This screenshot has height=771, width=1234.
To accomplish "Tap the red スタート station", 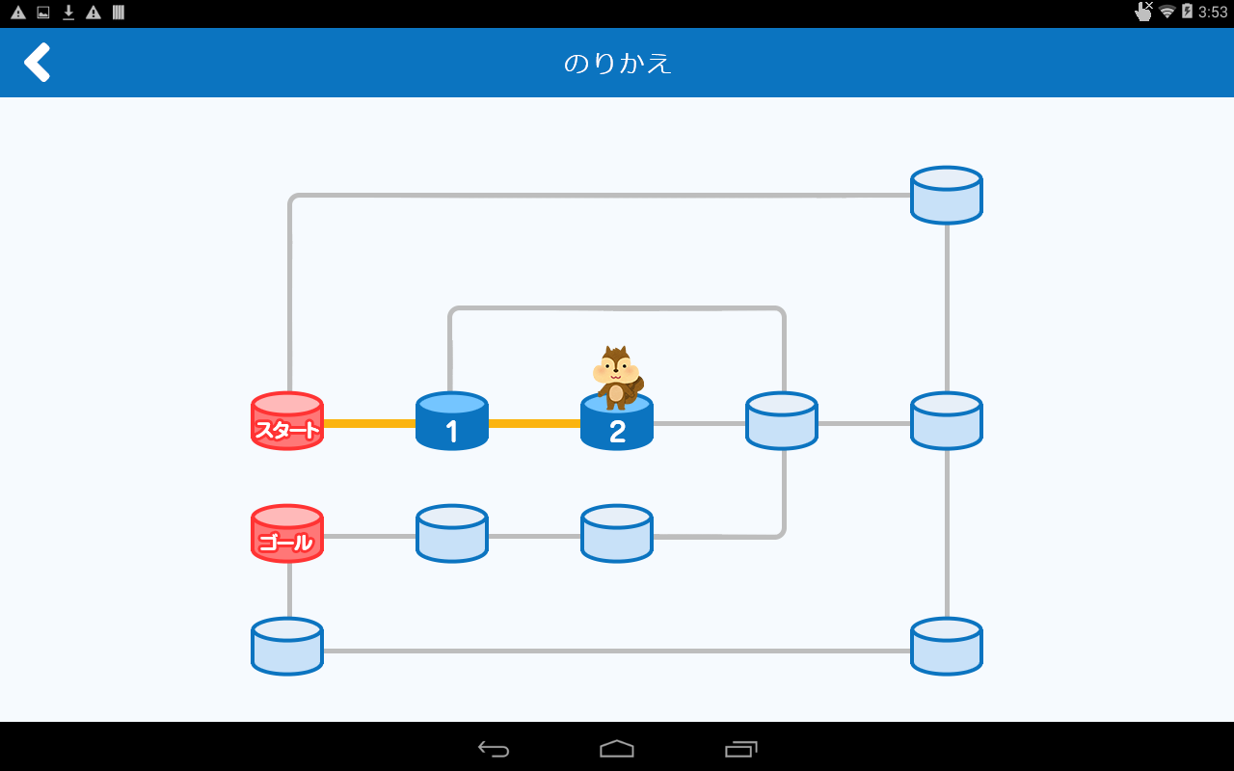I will point(287,421).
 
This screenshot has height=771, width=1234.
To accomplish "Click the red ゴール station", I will point(287,534).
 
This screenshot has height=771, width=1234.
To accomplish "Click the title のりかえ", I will point(617,64).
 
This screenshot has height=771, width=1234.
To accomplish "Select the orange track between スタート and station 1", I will point(369,423).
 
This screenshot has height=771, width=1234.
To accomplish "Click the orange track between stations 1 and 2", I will point(534,423).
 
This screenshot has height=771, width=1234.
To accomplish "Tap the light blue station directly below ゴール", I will point(287,647).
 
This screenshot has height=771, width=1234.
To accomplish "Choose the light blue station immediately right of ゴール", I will point(452,534).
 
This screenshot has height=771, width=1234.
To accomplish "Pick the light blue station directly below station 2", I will point(617,534).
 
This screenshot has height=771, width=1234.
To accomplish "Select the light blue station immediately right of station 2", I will point(782,421).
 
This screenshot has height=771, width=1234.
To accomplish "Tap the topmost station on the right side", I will point(947,196).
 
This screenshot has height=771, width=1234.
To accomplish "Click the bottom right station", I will point(947,647).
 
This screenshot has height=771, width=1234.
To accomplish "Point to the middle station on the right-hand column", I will point(947,421).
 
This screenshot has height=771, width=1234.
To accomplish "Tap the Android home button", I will point(617,749).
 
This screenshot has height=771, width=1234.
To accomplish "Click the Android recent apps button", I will point(740,749).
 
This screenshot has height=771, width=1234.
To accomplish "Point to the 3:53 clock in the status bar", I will point(1213,12).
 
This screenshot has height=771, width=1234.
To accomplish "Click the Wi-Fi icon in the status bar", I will point(1167,12).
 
